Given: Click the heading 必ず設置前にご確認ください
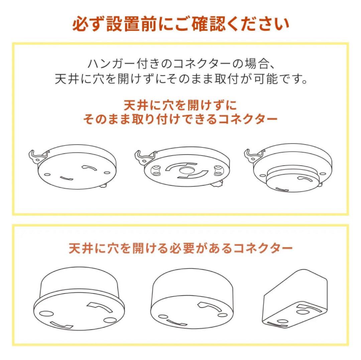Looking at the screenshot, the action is [181, 24].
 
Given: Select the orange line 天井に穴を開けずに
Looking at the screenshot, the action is [180, 105].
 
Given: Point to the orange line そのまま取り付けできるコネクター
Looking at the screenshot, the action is [180, 119].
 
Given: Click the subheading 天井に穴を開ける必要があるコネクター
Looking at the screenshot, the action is [181, 248].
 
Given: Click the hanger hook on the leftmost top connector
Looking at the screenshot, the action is [36, 156].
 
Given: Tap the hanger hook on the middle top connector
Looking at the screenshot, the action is [143, 157].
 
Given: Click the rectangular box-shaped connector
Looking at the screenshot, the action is [295, 299].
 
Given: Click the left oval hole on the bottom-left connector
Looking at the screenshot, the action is [46, 314].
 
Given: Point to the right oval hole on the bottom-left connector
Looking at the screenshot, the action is [110, 320].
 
